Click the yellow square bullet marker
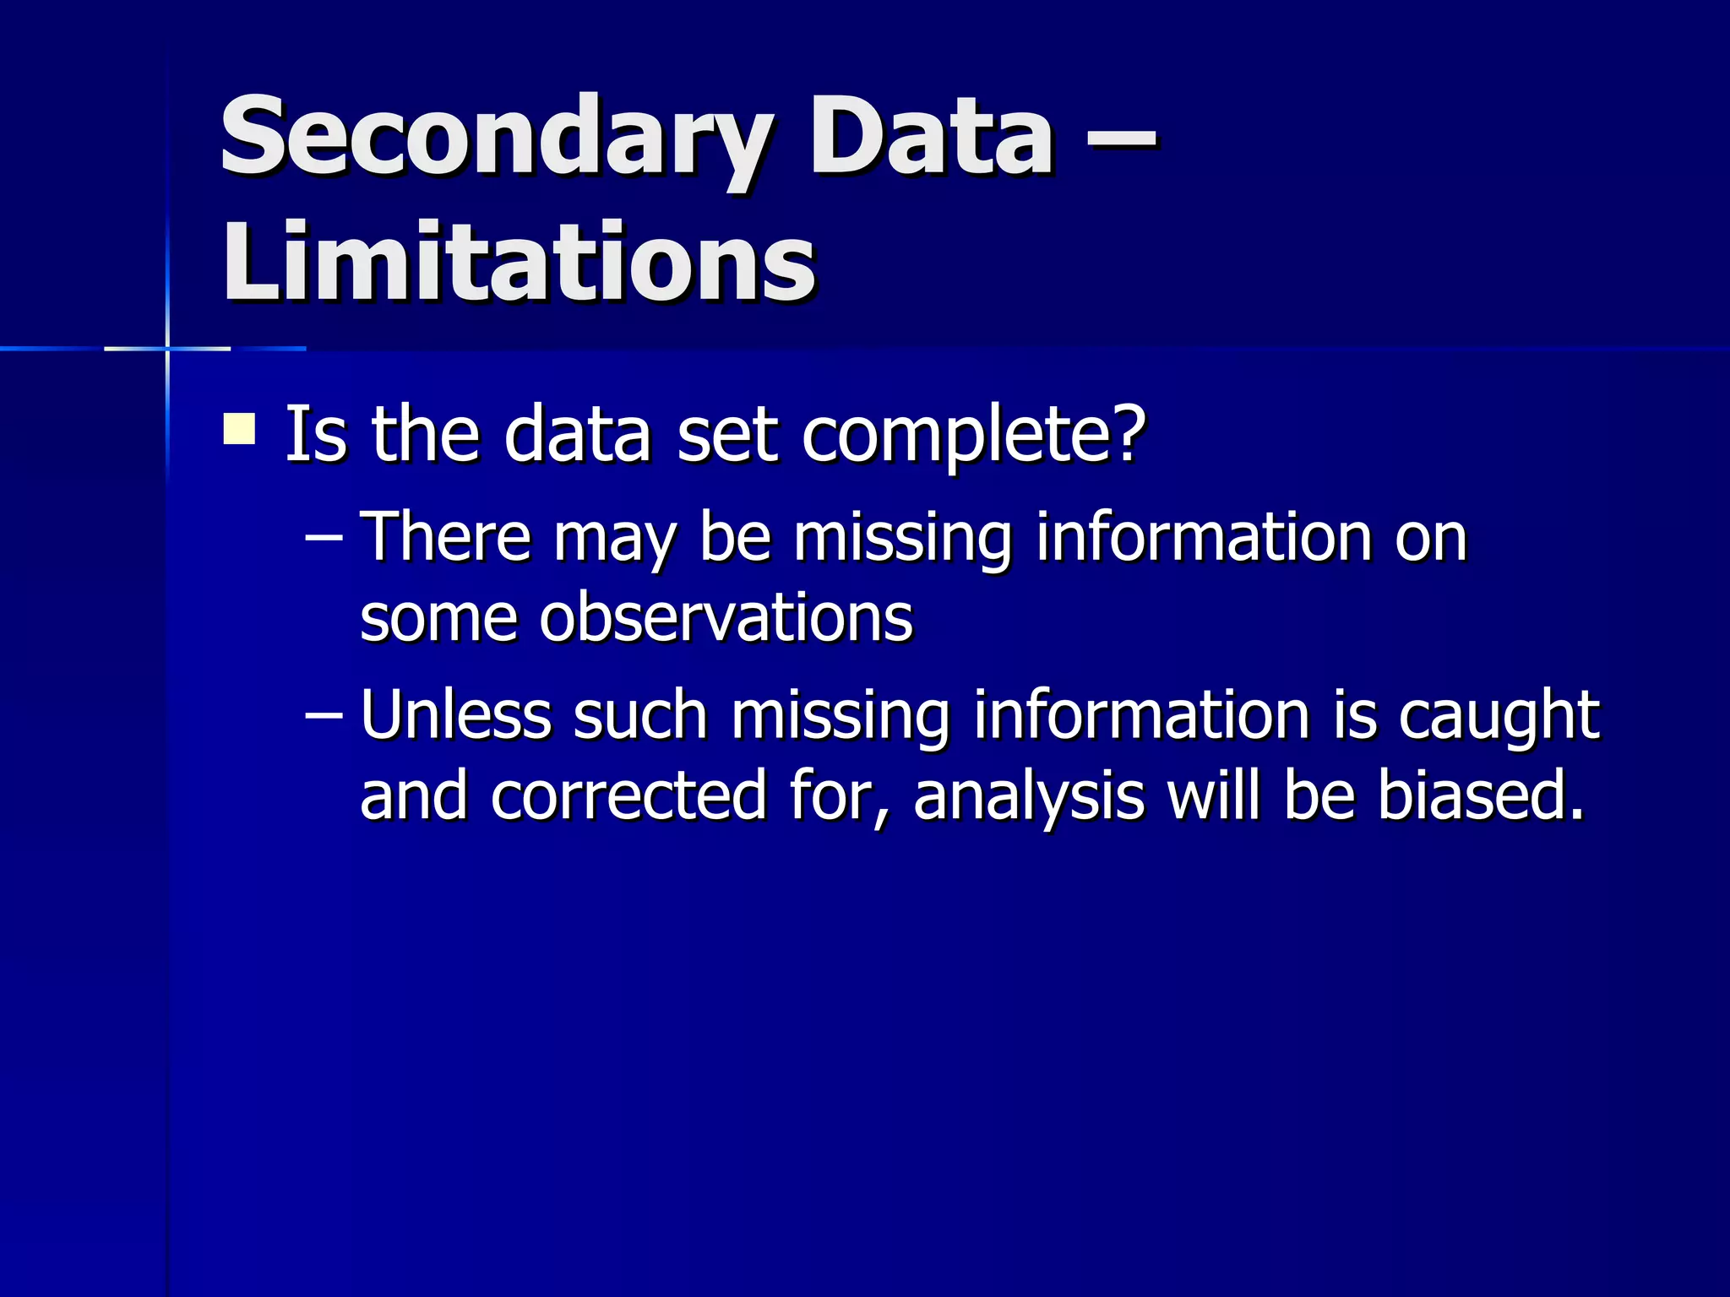point(239,428)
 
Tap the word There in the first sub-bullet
point(446,537)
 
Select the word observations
point(726,618)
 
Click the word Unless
point(456,715)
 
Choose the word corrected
point(628,796)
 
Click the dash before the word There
point(324,537)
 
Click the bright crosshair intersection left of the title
point(167,348)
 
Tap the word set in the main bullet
point(726,435)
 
